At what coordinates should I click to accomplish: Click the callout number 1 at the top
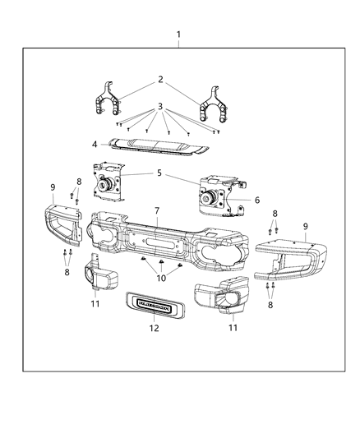tap(178, 35)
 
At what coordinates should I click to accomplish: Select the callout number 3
tap(159, 105)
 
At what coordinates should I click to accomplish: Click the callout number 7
tap(156, 210)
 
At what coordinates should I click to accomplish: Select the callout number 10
tap(160, 279)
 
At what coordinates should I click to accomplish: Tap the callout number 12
tap(153, 327)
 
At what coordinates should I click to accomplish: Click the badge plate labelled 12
tap(153, 302)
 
